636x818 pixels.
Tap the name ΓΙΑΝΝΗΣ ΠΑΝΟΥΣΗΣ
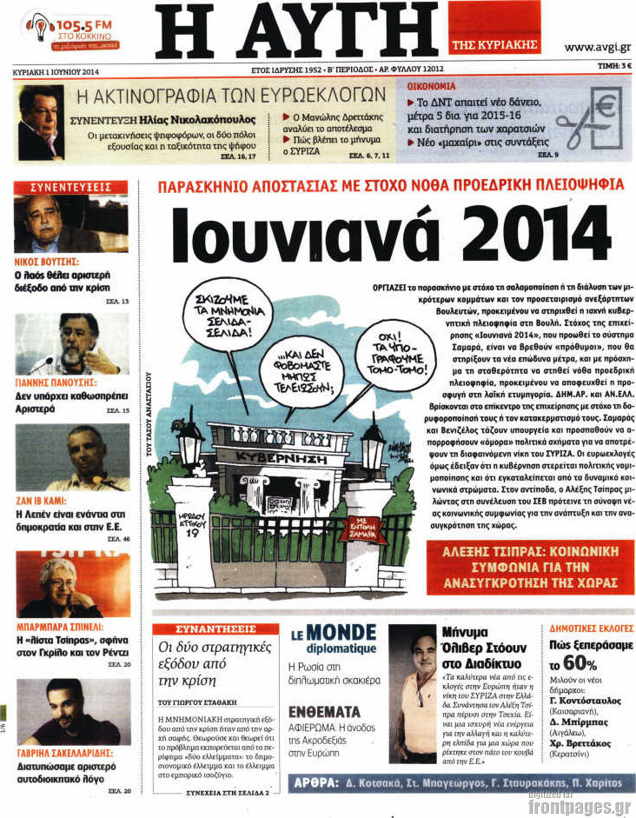coord(57,381)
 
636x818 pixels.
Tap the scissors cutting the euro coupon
coord(583,121)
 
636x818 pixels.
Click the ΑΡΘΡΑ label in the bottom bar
coord(324,782)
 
